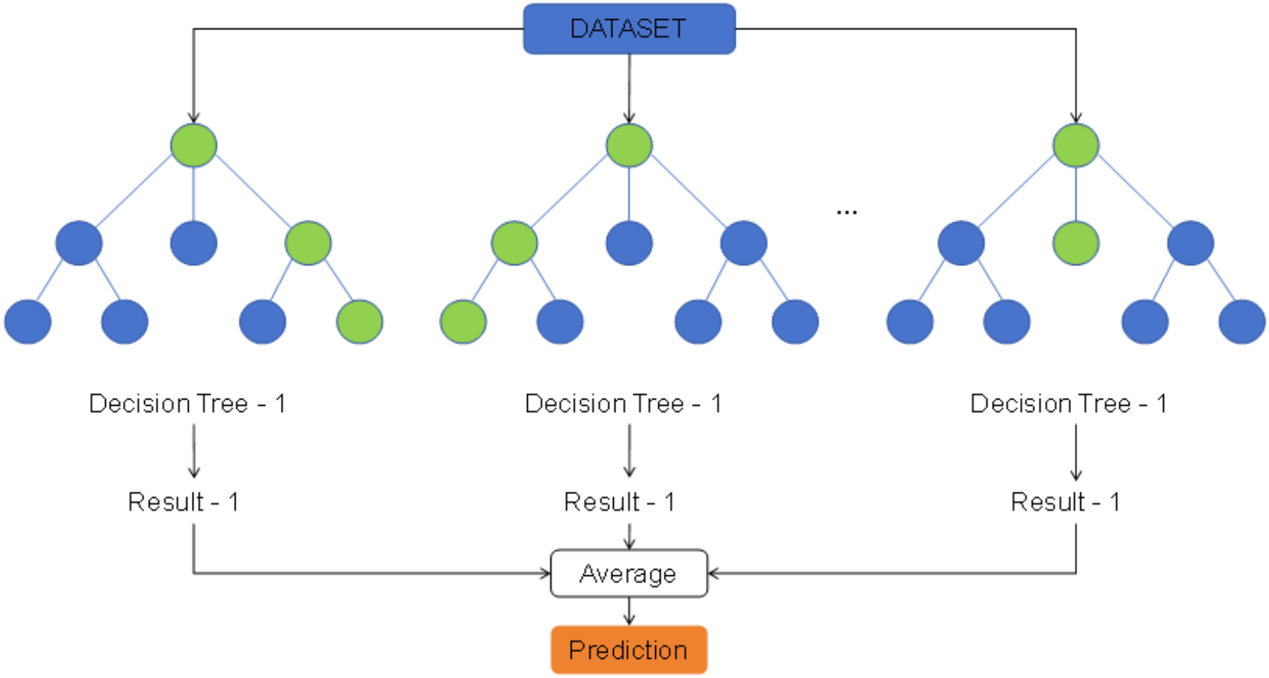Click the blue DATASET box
point(629,29)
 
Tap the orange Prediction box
point(629,650)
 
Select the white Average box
point(629,574)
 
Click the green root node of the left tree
point(193,145)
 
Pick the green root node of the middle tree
point(629,145)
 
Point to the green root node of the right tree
point(1076,145)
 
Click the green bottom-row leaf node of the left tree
point(360,321)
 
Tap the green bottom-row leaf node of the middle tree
point(463,321)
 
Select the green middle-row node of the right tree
point(1076,243)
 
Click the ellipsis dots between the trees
point(846,212)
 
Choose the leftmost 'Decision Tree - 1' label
point(187,403)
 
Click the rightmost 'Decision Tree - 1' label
point(1068,403)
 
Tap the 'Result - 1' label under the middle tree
point(619,502)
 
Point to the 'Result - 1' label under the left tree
point(183,502)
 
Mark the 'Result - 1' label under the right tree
point(1066,502)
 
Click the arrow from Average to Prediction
point(629,611)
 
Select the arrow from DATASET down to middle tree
point(629,88)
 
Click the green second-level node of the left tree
point(308,243)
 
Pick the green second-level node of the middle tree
point(514,243)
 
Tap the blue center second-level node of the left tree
point(193,243)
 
